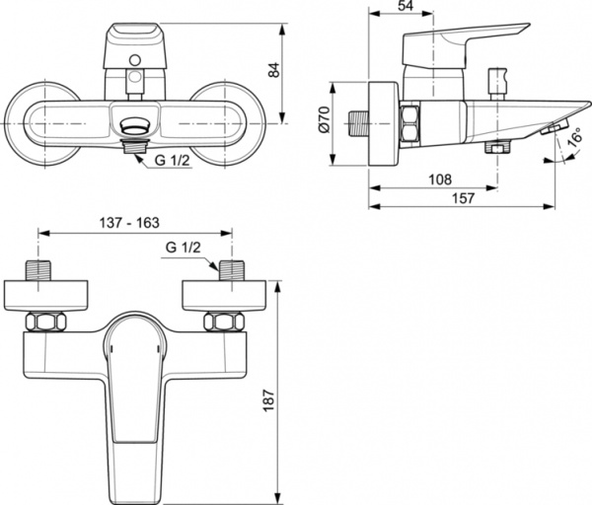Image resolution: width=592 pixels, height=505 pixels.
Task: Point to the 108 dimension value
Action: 440,180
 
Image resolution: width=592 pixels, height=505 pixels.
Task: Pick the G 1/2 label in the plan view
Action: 184,247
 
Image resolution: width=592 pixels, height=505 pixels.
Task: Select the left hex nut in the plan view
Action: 45,322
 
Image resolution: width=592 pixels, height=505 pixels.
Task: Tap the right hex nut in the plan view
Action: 224,322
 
